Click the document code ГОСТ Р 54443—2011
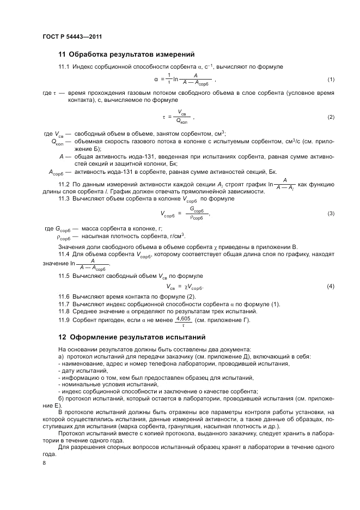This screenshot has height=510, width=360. [72, 37]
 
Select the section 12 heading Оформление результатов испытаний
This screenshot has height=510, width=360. [126, 335]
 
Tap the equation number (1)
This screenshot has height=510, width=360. [331, 80]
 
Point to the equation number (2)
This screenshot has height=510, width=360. [331, 117]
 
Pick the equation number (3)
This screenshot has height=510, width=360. [331, 213]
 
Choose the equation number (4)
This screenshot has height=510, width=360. [331, 287]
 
